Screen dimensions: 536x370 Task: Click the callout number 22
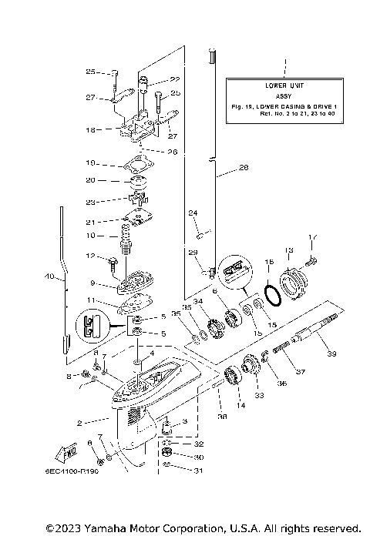click(x=176, y=79)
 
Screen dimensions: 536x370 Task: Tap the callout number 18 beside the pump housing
click(x=90, y=130)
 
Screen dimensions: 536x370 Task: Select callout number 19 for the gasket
click(x=90, y=163)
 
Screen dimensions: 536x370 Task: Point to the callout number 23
click(x=90, y=203)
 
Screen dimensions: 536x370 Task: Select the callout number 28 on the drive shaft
click(x=244, y=167)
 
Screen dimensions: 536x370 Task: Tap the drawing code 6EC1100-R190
click(x=77, y=470)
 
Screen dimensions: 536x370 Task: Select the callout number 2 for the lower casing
click(x=80, y=421)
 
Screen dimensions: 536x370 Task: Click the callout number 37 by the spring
click(x=301, y=371)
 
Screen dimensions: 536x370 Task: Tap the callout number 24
click(x=193, y=213)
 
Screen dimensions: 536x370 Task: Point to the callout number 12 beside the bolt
click(x=90, y=256)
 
